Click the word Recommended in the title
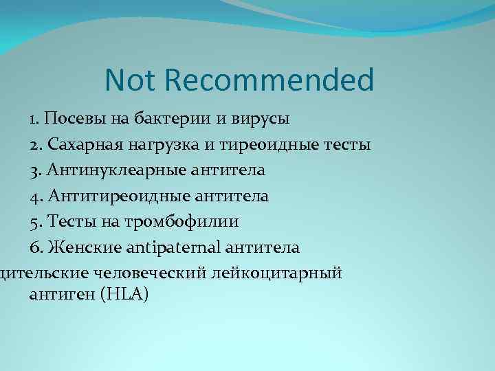269,80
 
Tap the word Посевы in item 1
91,119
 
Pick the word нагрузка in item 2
161,145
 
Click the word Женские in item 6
79,247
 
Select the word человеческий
160,273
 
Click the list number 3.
35,170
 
